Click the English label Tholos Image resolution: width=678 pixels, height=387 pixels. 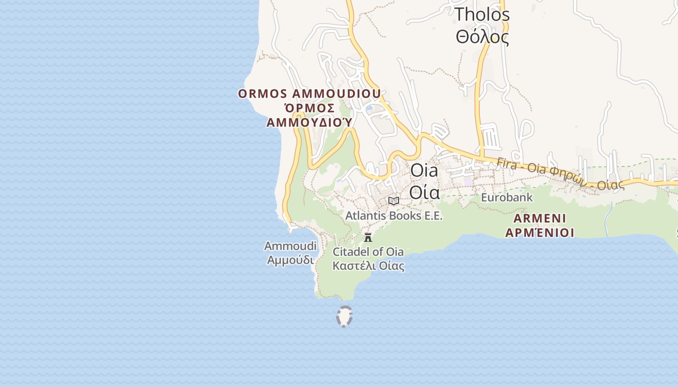click(x=482, y=15)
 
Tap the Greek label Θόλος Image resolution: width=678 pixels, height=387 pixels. click(x=482, y=37)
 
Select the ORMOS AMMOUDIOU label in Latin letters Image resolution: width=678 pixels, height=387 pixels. click(x=309, y=93)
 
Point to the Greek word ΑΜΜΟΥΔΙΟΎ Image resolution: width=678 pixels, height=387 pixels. click(x=309, y=122)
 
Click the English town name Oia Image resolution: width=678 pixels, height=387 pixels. click(x=424, y=170)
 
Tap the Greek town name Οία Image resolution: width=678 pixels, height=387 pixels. click(x=424, y=192)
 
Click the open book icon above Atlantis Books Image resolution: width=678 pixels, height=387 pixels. click(x=394, y=201)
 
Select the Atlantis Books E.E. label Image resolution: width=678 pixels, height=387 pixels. click(x=394, y=216)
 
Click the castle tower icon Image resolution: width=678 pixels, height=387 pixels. click(x=368, y=237)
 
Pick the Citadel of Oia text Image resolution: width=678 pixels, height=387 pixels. click(x=368, y=252)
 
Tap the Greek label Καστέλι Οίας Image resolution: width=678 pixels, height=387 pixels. click(x=368, y=266)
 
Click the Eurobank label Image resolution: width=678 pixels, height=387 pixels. click(x=507, y=197)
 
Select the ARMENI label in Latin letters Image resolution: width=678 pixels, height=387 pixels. click(x=539, y=218)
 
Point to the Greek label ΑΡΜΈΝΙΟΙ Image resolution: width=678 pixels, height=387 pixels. click(x=539, y=233)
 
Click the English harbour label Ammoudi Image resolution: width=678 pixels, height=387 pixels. click(x=290, y=246)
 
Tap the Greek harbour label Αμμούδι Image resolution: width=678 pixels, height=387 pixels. click(x=290, y=260)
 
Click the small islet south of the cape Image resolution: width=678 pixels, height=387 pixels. click(x=344, y=317)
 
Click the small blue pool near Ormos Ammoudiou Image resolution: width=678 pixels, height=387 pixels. click(x=370, y=108)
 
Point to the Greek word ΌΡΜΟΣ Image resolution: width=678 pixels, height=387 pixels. click(x=309, y=107)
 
